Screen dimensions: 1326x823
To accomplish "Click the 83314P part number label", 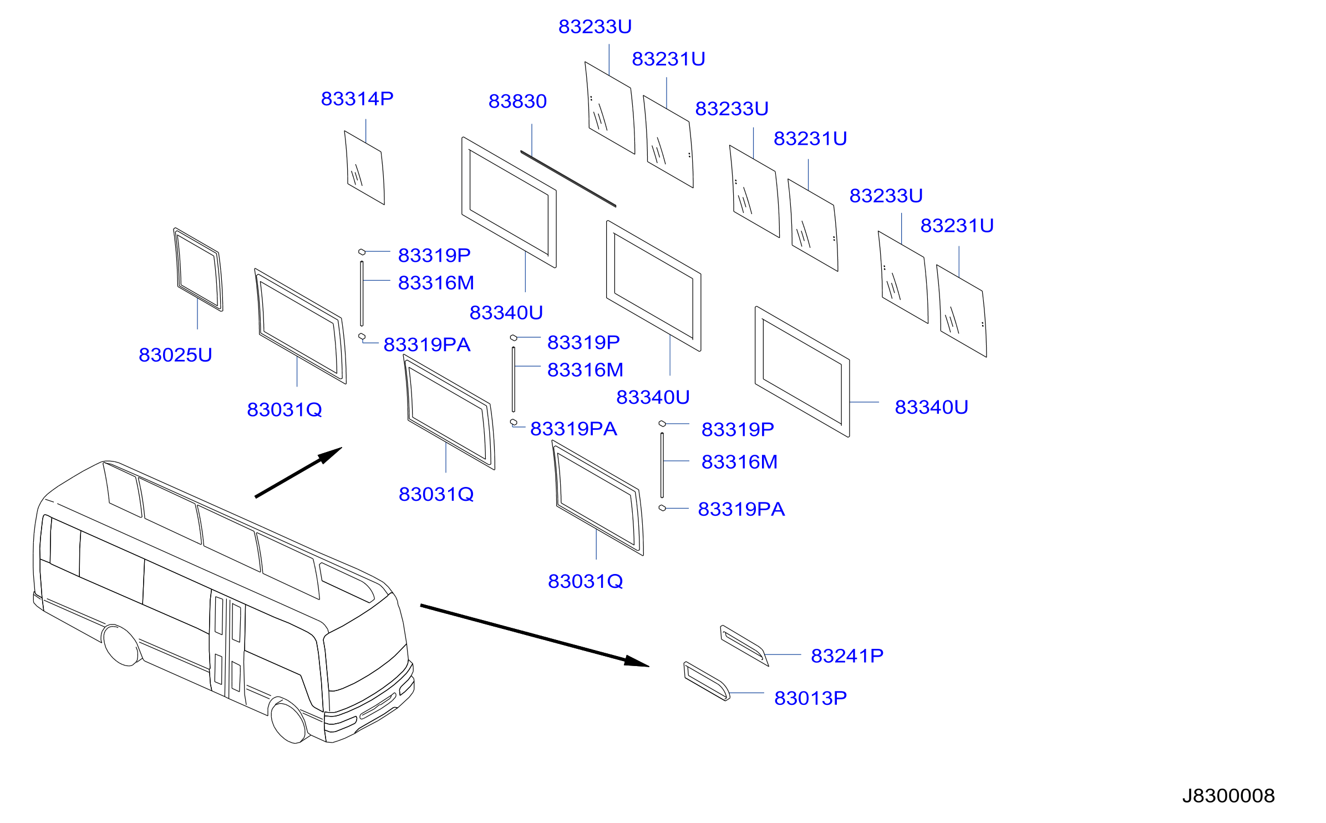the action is point(357,99).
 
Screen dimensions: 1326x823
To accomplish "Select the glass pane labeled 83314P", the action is point(364,167).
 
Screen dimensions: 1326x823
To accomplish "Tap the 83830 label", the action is point(517,101).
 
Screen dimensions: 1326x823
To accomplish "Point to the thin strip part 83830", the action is point(568,179).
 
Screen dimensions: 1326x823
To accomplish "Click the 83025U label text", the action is point(175,355).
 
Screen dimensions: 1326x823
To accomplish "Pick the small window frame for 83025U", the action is point(198,270).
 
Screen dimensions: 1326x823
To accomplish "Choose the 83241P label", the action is point(847,656).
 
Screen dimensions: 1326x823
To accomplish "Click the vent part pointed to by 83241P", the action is point(744,645).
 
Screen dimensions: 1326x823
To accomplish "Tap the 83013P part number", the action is point(810,698).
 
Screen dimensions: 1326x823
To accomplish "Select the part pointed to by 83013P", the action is point(707,681).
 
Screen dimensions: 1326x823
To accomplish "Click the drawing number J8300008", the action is point(1228,796).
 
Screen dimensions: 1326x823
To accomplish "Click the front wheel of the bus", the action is point(288,722).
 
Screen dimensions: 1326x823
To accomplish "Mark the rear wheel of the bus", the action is point(121,646).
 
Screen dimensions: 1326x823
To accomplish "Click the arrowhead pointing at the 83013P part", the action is point(637,661).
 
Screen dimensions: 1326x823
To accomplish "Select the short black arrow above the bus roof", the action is point(298,473).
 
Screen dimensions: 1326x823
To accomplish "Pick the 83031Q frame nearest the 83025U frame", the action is point(300,326).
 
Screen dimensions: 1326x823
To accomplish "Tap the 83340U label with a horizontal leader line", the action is point(931,408).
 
